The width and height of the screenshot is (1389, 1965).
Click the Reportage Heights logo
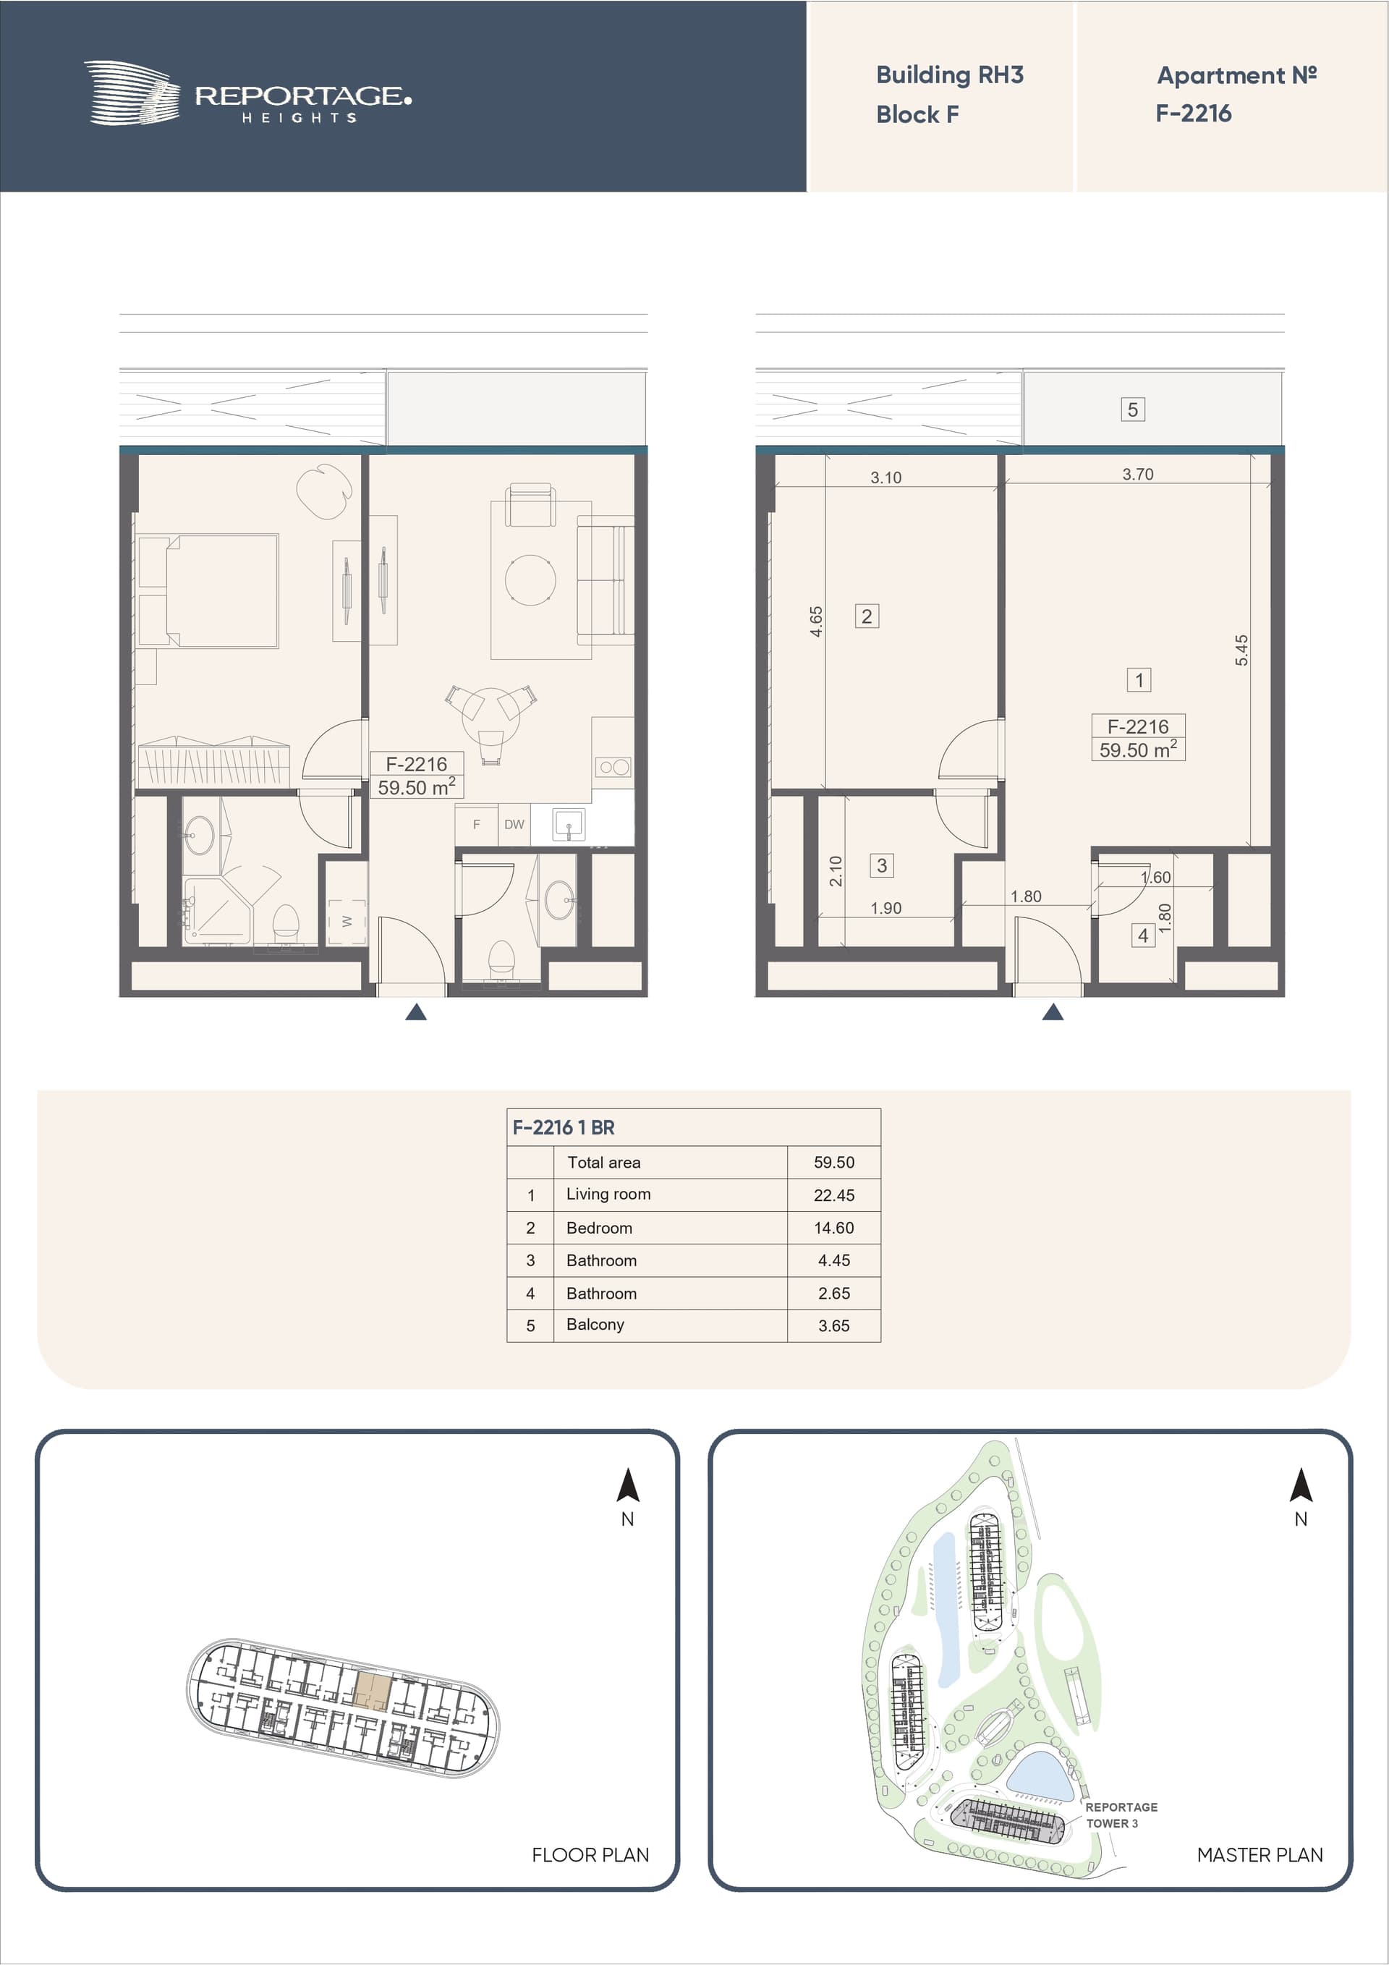[247, 93]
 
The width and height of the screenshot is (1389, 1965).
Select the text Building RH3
[949, 75]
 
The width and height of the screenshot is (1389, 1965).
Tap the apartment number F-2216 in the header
[1193, 113]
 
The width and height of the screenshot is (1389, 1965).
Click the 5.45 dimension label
[1241, 650]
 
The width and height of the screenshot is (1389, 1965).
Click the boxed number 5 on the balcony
[1132, 410]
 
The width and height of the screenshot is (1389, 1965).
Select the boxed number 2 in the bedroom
[867, 616]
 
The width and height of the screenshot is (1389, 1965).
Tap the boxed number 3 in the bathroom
[881, 865]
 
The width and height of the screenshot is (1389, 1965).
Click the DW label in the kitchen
[514, 824]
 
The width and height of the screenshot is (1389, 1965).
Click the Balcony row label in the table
[595, 1324]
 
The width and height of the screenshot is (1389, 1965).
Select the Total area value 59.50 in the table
[833, 1162]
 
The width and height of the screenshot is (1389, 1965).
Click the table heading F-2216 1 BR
[563, 1127]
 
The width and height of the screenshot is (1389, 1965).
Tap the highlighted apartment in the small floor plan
[373, 1690]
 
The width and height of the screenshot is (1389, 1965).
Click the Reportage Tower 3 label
[1121, 1815]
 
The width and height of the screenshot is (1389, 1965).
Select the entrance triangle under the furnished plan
[416, 1012]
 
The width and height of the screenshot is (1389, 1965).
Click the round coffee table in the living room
[530, 580]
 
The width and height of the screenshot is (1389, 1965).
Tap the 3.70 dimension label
[1137, 474]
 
